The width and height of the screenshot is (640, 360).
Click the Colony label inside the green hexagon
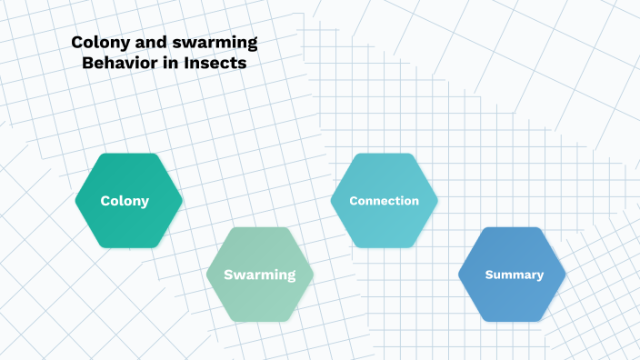click(x=125, y=201)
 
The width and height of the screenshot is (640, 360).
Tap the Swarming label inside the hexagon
click(x=260, y=275)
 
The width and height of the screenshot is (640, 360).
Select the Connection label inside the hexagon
click(x=384, y=201)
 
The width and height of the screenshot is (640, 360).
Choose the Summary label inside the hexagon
click(x=514, y=275)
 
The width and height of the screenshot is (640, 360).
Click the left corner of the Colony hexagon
click(x=76, y=201)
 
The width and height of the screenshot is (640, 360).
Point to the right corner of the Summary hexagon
click(x=565, y=275)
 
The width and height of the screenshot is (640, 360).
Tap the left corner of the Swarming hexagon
click(x=208, y=275)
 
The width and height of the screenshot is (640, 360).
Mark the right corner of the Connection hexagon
click(x=436, y=201)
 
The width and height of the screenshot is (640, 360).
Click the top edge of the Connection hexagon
click(x=384, y=155)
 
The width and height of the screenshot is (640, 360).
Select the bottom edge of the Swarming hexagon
click(x=260, y=320)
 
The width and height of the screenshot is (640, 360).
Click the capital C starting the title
click(x=76, y=43)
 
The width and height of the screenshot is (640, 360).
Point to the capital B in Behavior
click(x=86, y=65)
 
